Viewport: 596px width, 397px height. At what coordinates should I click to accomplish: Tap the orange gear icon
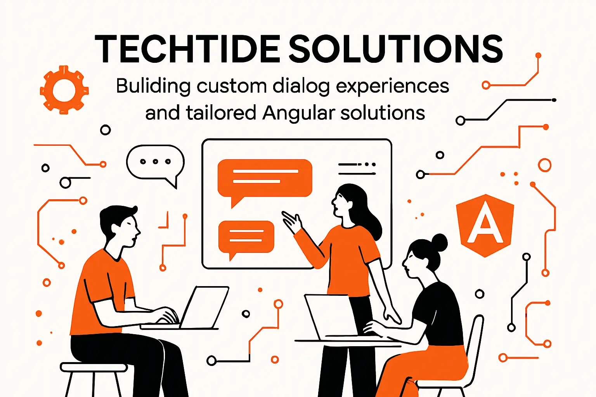(x=64, y=90)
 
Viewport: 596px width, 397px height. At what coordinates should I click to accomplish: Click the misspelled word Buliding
(x=153, y=86)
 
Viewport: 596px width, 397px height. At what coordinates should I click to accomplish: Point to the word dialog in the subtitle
(x=301, y=86)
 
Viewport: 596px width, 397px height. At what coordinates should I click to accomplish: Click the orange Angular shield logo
(x=485, y=225)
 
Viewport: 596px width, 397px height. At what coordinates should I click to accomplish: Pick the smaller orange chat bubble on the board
(x=246, y=236)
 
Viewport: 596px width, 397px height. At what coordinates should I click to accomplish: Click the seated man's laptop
(x=204, y=308)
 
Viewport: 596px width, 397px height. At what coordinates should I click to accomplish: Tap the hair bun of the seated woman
(x=439, y=243)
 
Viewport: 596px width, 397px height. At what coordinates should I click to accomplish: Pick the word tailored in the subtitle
(x=220, y=113)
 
